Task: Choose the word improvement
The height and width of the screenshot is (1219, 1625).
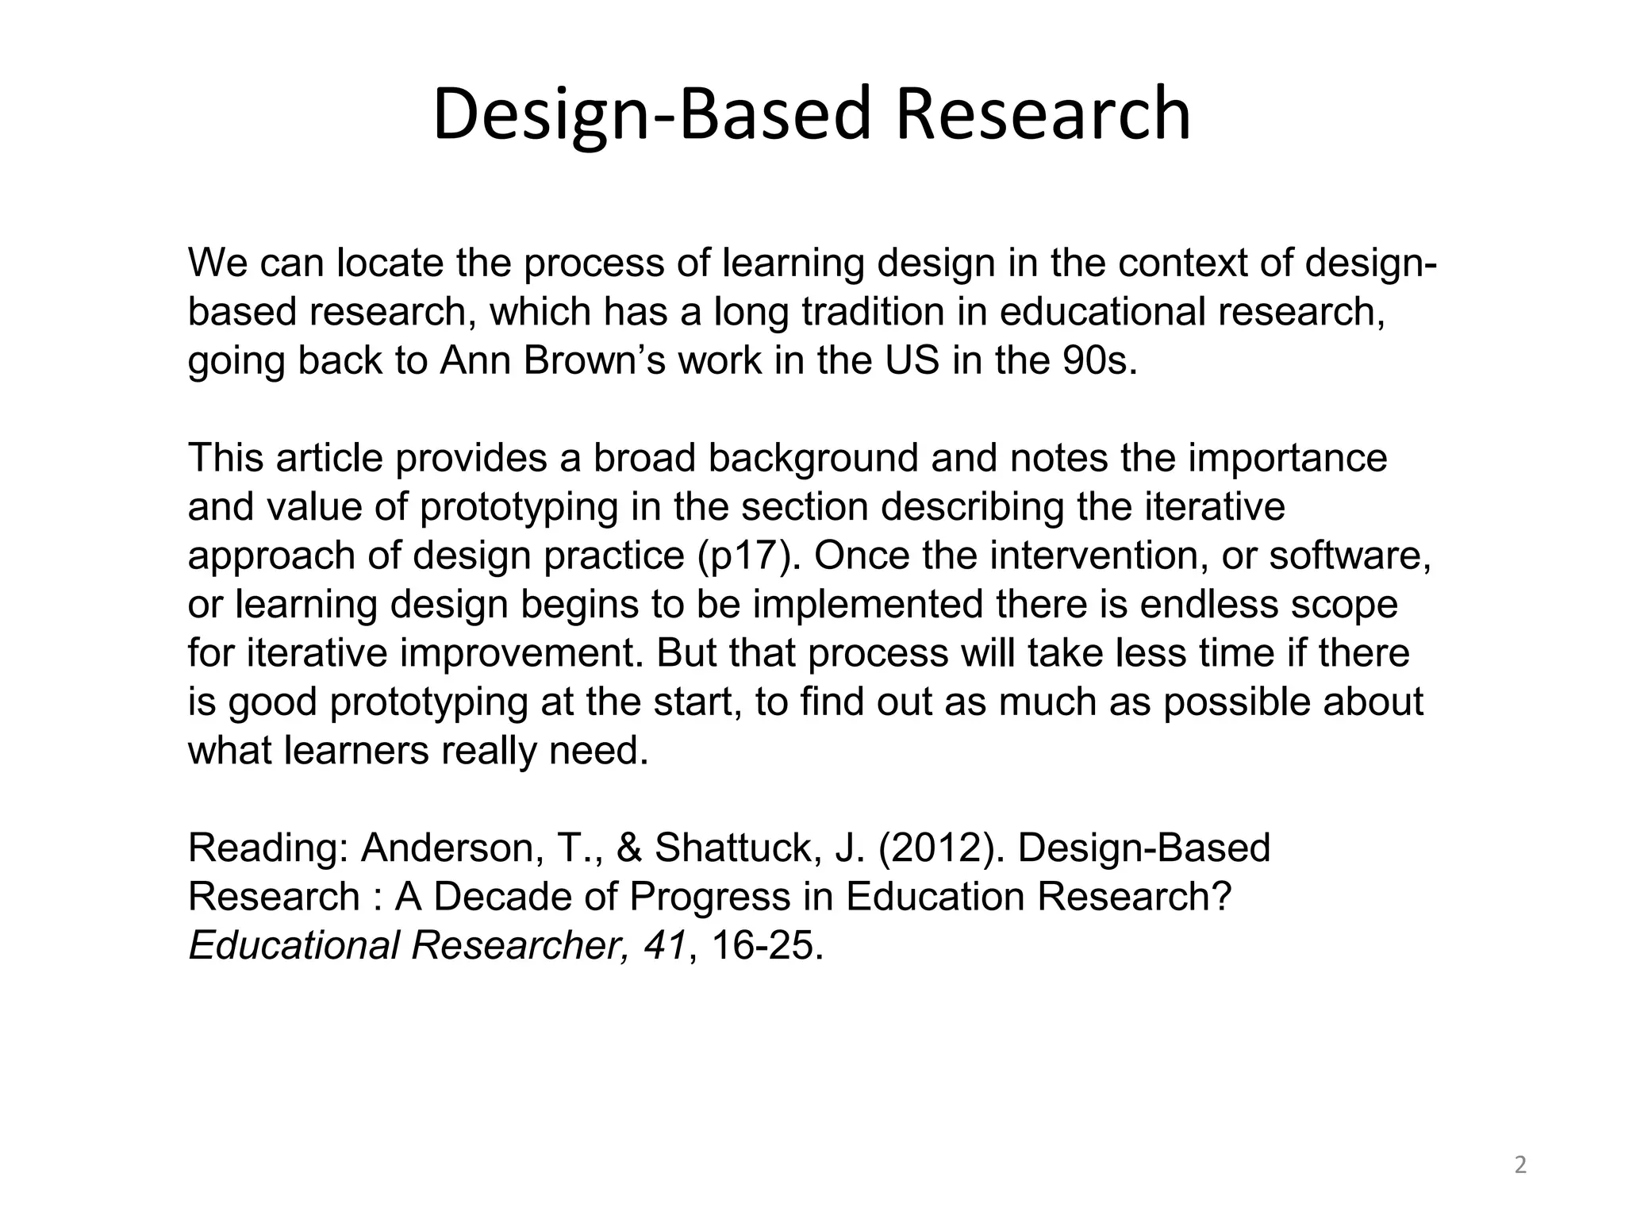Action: click(x=526, y=654)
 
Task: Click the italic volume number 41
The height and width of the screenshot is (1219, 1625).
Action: click(x=665, y=946)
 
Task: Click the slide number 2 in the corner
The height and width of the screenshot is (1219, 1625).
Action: click(x=1520, y=1166)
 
